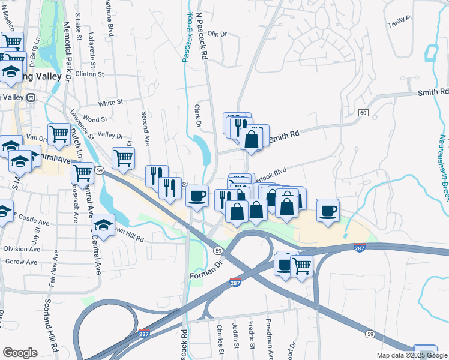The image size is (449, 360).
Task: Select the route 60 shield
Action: click(x=363, y=113)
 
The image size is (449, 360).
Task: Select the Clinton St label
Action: click(x=89, y=74)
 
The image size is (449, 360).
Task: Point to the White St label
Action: click(x=110, y=103)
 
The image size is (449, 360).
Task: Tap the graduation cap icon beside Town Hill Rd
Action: click(x=103, y=226)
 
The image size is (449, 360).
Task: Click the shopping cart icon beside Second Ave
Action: click(x=123, y=158)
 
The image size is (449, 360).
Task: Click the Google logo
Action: click(x=20, y=353)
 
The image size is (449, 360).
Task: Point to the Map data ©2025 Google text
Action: click(x=412, y=355)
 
